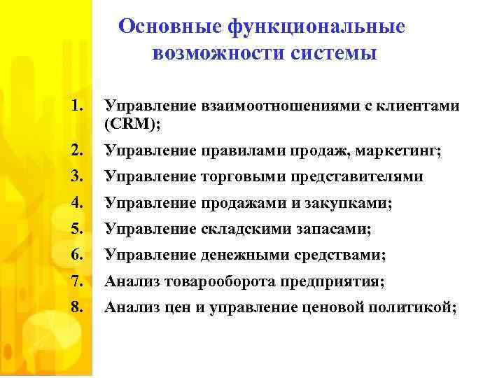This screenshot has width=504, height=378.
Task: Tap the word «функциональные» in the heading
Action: [x=316, y=27]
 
